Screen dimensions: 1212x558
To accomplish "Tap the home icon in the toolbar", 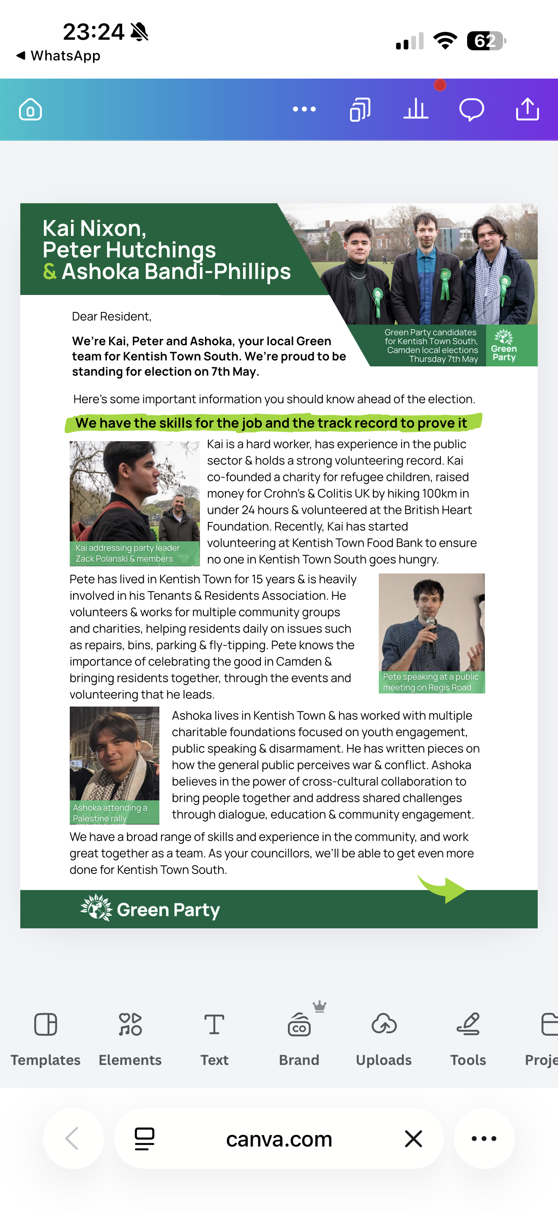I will (x=30, y=109).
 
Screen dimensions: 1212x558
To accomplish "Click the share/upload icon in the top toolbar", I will (x=527, y=109).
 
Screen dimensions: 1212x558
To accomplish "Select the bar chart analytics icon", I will (x=416, y=109).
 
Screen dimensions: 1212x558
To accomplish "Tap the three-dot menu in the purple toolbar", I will (x=304, y=109).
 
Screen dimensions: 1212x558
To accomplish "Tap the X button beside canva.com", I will (x=413, y=1138).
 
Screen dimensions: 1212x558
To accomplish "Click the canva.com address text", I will (x=279, y=1139).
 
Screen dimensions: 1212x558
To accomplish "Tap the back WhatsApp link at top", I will (x=58, y=55).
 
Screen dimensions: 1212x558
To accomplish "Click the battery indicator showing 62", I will (x=486, y=41).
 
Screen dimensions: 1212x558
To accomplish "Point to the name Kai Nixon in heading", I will (x=94, y=229).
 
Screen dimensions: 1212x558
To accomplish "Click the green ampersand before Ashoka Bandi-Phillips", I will (x=49, y=271).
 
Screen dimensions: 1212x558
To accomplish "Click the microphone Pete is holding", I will (x=430, y=635).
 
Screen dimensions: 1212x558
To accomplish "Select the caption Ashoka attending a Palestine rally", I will (x=109, y=813).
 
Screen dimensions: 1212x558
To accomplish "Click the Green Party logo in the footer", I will (x=150, y=909).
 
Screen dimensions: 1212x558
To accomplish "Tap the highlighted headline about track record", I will (x=271, y=423).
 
